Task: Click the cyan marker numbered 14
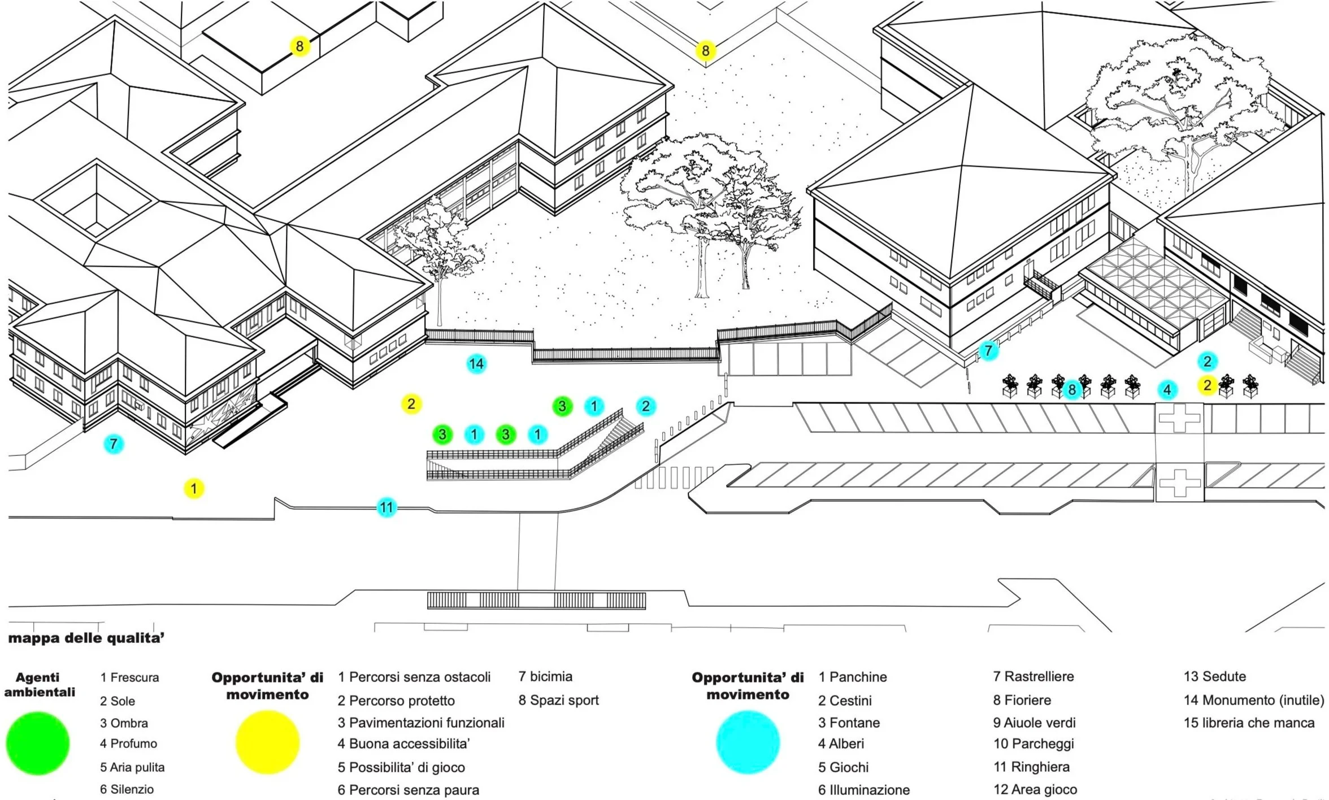click(x=476, y=364)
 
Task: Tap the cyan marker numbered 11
click(x=386, y=507)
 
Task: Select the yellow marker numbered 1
click(x=194, y=489)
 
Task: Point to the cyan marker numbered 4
click(x=1167, y=389)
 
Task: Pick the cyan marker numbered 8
click(x=1072, y=389)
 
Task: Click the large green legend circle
click(x=38, y=743)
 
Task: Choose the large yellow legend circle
click(x=267, y=742)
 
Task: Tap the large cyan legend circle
click(x=748, y=742)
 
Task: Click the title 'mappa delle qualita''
click(x=86, y=638)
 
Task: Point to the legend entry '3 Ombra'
click(x=124, y=723)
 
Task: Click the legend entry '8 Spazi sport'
click(x=559, y=701)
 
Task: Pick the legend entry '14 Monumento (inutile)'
click(x=1254, y=701)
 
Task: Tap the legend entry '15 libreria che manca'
click(x=1249, y=723)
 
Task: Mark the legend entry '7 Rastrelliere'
click(x=1033, y=677)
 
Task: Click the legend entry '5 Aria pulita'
click(x=132, y=767)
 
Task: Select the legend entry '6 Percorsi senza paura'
click(x=409, y=790)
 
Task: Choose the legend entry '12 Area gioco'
click(x=1035, y=790)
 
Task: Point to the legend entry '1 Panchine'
click(x=853, y=677)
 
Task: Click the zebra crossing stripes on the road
click(x=672, y=478)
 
